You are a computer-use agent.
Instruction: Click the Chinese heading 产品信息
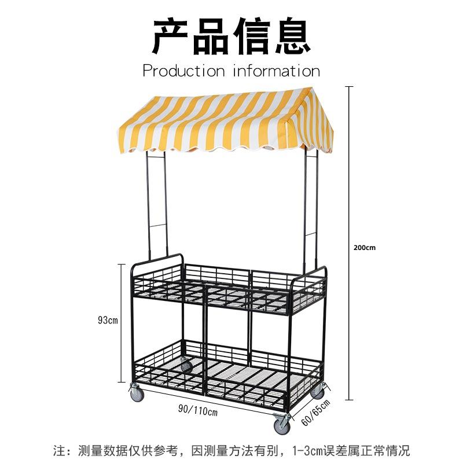[x=231, y=36]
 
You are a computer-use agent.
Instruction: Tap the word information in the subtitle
[x=277, y=71]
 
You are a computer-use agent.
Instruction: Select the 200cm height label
[x=365, y=247]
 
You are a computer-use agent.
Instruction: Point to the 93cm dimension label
[x=108, y=320]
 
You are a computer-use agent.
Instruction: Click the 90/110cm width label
[x=197, y=411]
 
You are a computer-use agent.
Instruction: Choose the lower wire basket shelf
[x=229, y=373]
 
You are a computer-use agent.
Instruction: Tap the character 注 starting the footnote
[x=58, y=450]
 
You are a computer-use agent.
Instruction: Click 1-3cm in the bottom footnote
[x=311, y=450]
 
